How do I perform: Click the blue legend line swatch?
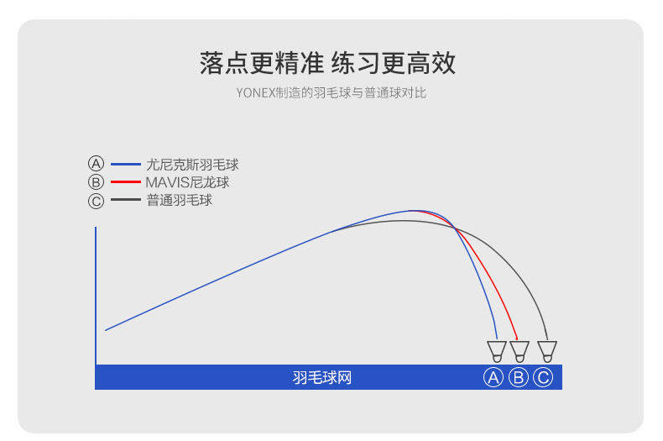click(125, 165)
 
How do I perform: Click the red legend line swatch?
click(125, 182)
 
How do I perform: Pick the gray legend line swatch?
click(125, 201)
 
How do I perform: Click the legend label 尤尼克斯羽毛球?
click(192, 165)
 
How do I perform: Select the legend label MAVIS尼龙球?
click(187, 182)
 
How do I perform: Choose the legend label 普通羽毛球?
click(179, 201)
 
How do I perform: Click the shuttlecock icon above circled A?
click(497, 350)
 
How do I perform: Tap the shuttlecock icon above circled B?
click(519, 350)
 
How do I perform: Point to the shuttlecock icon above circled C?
click(547, 350)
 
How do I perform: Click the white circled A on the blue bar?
click(493, 378)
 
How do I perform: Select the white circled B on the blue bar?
click(519, 378)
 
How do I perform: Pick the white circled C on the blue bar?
click(543, 378)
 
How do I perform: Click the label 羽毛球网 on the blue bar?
click(322, 378)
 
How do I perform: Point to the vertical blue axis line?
click(96, 294)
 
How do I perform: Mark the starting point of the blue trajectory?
click(106, 330)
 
